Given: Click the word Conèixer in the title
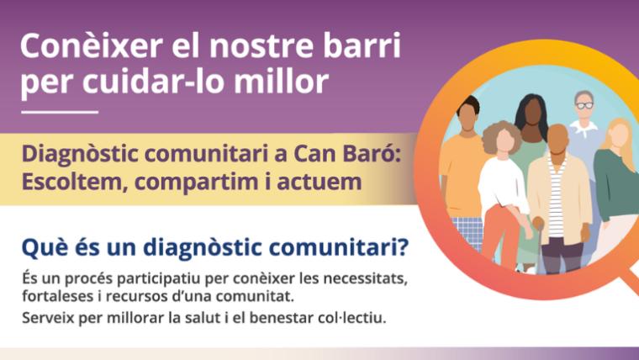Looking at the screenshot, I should tap(78, 46).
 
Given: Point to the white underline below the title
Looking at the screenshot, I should tap(59, 111).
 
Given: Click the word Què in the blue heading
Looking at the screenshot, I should tap(41, 248).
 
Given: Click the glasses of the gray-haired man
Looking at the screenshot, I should tap(584, 104).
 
